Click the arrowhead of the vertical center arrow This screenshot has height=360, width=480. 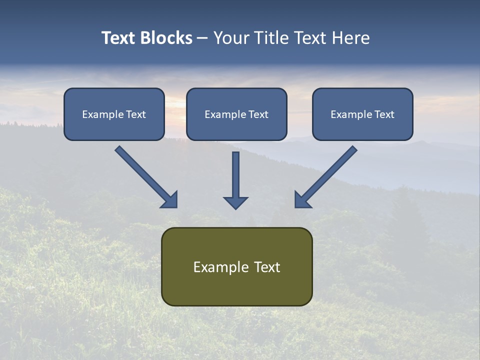(235, 202)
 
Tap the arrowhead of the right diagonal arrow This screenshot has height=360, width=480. (302, 200)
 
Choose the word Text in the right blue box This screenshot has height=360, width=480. (384, 114)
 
